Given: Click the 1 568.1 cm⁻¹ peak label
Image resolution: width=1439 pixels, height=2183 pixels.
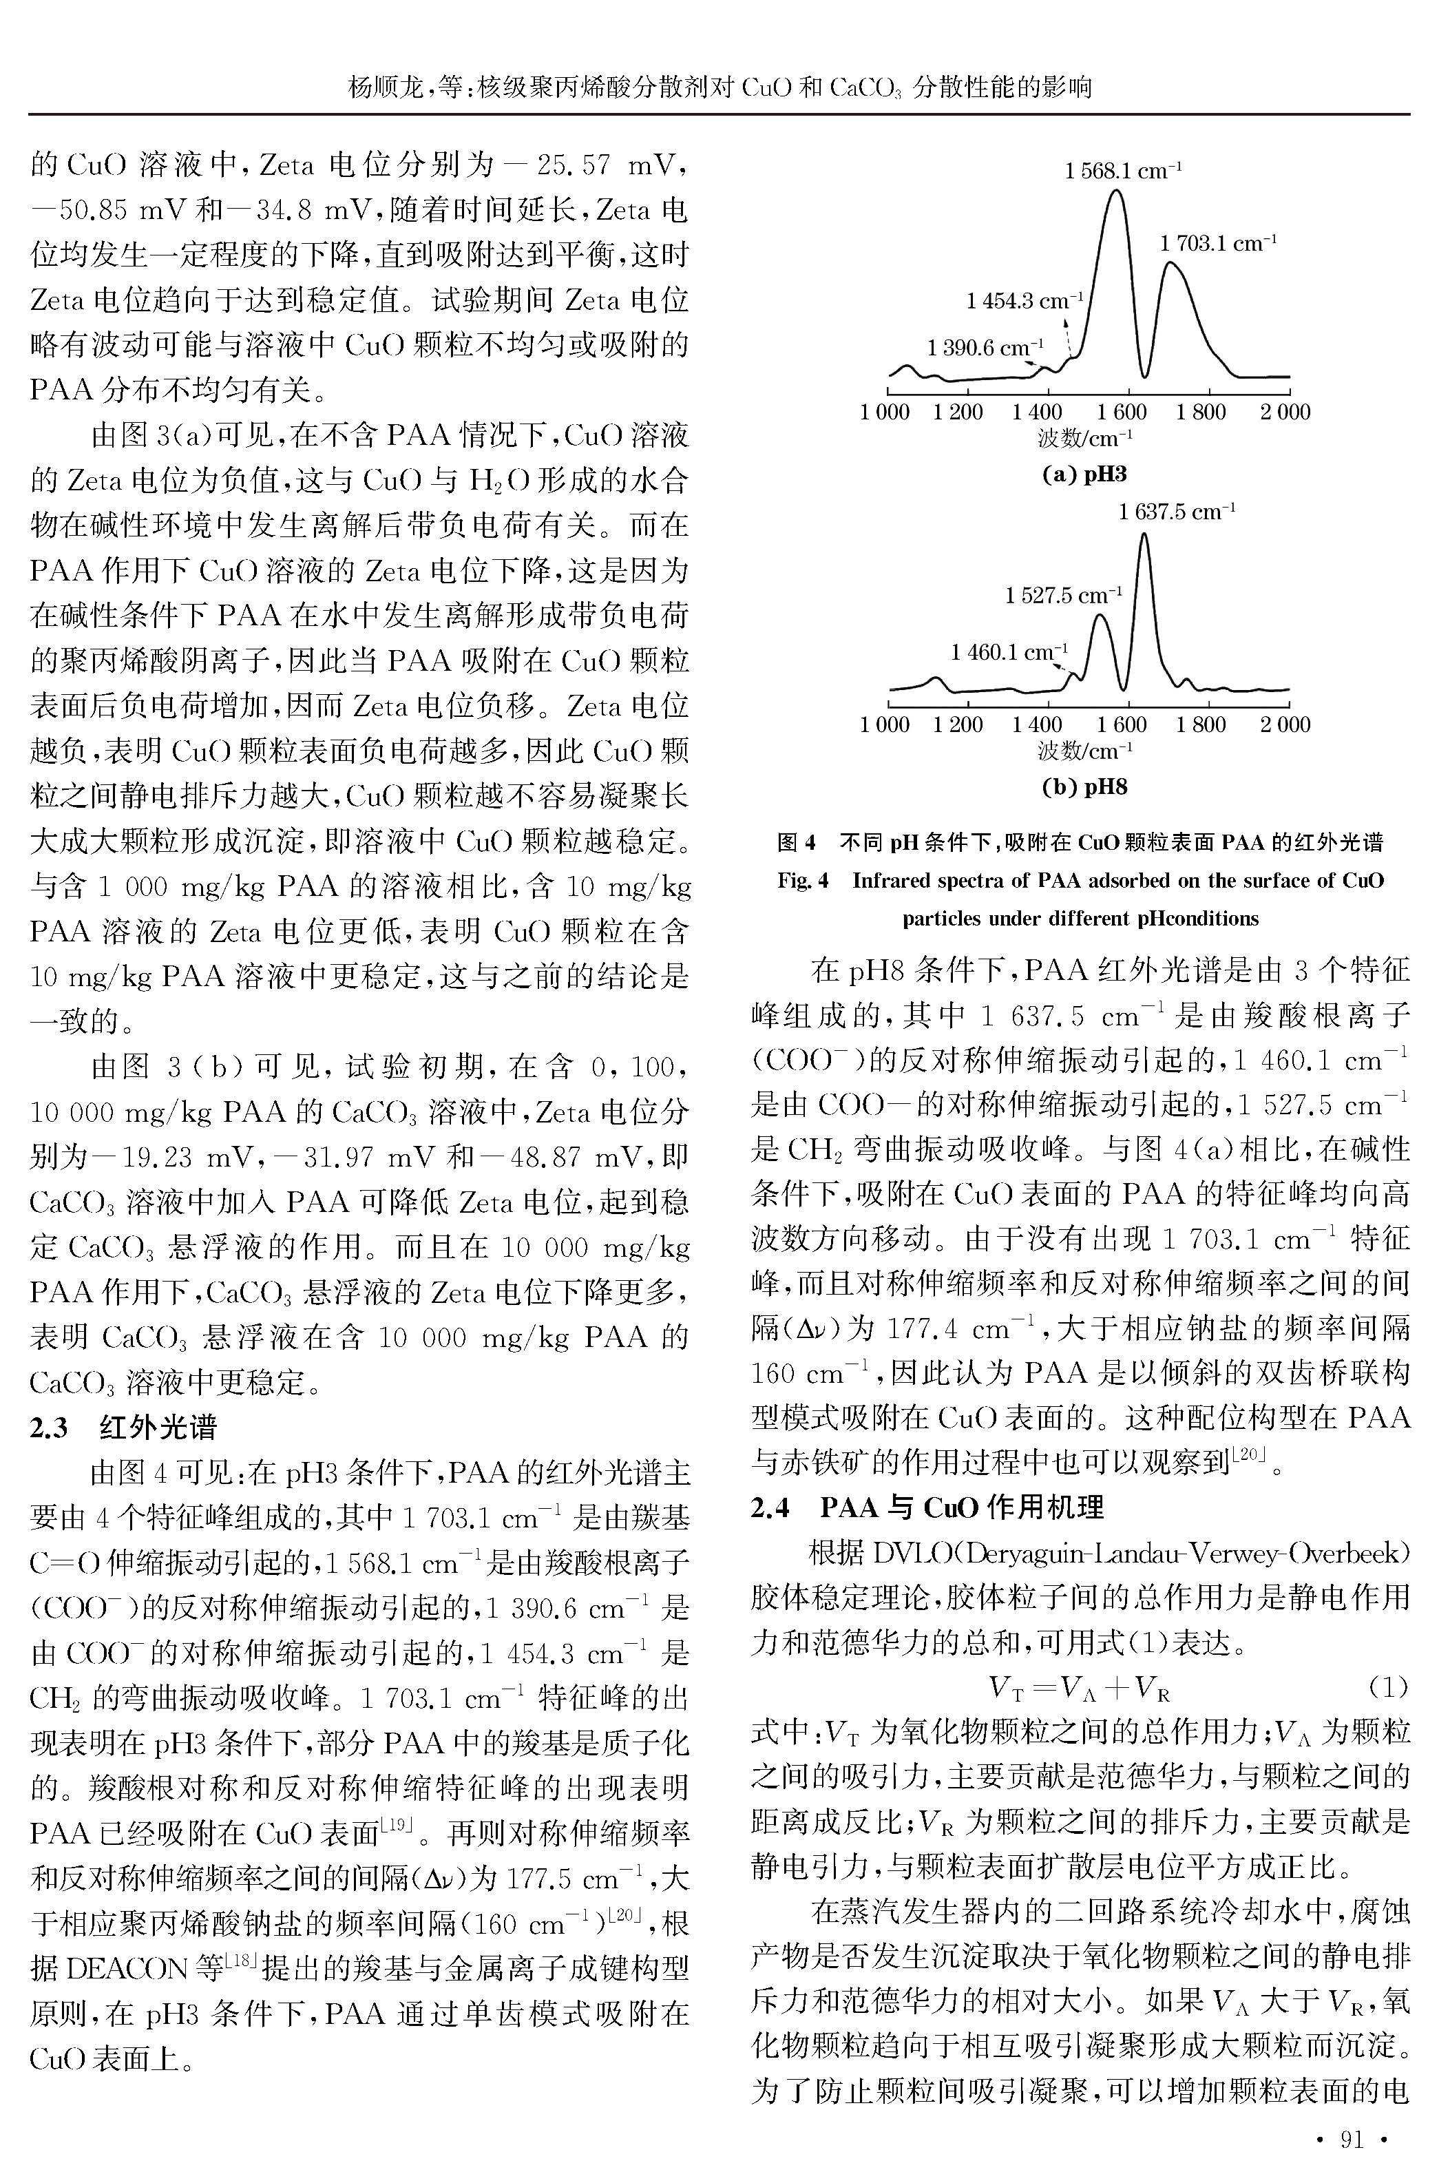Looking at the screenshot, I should pyautogui.click(x=1122, y=171).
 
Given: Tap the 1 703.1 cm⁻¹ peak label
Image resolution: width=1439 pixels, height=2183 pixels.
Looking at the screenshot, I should pyautogui.click(x=1218, y=244).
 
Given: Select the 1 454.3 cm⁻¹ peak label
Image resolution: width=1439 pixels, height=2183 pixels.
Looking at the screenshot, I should pyautogui.click(x=1025, y=301).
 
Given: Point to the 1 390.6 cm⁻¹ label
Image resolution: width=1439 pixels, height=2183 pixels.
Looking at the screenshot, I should pyautogui.click(x=985, y=348).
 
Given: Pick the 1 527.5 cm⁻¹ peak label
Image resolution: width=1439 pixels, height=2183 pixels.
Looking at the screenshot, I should pyautogui.click(x=1064, y=596).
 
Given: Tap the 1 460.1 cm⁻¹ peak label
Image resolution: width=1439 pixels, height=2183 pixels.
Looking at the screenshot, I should pyautogui.click(x=1009, y=652).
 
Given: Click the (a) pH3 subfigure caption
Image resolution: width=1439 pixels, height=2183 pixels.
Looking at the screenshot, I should pyautogui.click(x=1084, y=474).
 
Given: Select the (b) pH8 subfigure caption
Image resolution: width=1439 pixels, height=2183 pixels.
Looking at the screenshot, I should pyautogui.click(x=1084, y=786).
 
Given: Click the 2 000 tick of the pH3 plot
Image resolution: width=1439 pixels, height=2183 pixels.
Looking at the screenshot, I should pyautogui.click(x=1285, y=412).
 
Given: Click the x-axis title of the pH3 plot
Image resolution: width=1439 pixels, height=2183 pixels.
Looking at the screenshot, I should pyautogui.click(x=1084, y=439).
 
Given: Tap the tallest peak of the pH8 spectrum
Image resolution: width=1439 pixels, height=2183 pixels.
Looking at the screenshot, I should pyautogui.click(x=1144, y=535).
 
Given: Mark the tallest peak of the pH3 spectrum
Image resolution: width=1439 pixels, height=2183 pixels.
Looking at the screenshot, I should pyautogui.click(x=1116, y=191).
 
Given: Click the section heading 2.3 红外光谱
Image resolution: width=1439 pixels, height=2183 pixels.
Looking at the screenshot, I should pyautogui.click(x=123, y=1428).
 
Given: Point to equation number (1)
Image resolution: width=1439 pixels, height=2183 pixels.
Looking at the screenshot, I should pyautogui.click(x=1387, y=1686).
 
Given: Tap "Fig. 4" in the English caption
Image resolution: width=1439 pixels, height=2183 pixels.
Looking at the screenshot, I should pyautogui.click(x=803, y=881).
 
